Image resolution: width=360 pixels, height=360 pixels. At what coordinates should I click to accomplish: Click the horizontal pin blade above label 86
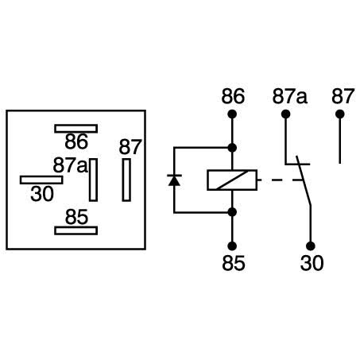[75, 128]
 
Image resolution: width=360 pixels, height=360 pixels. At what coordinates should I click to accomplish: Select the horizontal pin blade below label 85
[75, 230]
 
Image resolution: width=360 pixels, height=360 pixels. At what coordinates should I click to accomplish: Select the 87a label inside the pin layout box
[71, 165]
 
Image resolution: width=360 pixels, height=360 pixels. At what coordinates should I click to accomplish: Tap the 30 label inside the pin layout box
[43, 193]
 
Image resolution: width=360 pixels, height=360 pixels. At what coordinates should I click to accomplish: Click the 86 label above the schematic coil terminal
[233, 98]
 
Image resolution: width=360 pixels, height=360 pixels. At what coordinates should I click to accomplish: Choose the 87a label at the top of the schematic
[289, 98]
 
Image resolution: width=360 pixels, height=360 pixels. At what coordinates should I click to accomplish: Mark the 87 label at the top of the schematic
[342, 98]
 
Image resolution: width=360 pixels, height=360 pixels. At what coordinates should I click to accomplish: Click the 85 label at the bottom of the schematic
[233, 263]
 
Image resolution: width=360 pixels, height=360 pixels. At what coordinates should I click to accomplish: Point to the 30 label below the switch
[312, 263]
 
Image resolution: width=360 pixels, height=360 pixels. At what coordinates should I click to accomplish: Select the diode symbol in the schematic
[173, 180]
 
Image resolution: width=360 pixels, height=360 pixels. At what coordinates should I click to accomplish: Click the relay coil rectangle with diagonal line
[232, 180]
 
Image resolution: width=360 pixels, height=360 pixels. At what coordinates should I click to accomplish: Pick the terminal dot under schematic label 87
[340, 114]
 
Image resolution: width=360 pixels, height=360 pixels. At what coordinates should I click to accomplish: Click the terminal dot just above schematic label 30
[312, 246]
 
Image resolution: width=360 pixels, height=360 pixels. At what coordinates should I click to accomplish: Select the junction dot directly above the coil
[233, 148]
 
